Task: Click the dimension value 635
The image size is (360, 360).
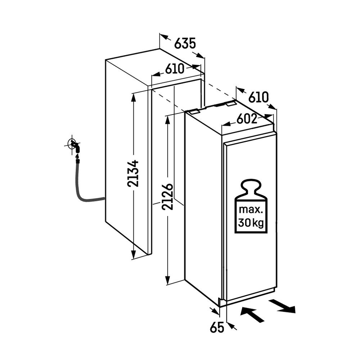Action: tap(185, 43)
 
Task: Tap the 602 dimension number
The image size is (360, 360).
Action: tap(247, 119)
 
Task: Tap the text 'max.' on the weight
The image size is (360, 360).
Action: tap(251, 210)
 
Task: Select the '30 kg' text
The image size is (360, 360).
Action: tap(251, 223)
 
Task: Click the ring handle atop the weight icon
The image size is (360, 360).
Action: tap(251, 185)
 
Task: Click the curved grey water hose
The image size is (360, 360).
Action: tap(81, 191)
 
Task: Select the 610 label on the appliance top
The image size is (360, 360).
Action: tap(258, 97)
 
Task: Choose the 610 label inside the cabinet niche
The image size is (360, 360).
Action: tap(175, 69)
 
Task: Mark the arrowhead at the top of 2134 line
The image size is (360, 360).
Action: tap(134, 96)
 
